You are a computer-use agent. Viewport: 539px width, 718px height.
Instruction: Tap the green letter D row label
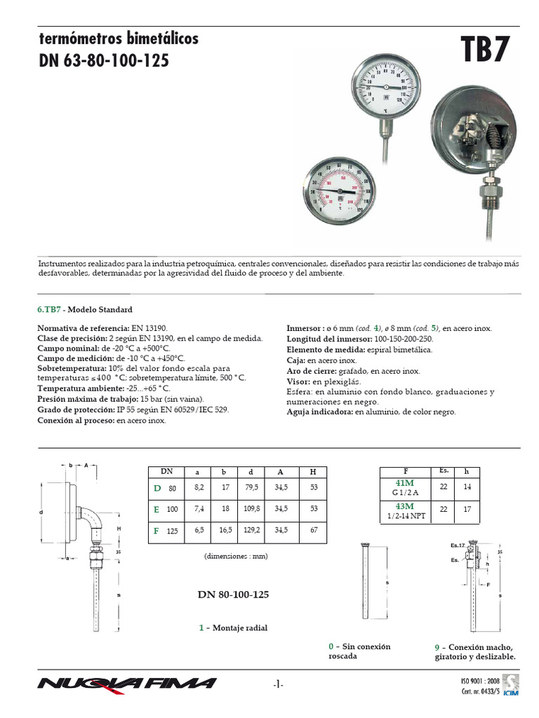tap(157, 487)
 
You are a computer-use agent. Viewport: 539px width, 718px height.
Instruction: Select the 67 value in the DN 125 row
tap(312, 531)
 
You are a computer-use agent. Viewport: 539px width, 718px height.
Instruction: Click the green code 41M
tap(406, 483)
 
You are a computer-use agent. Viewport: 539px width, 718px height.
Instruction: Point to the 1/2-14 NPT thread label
tap(406, 516)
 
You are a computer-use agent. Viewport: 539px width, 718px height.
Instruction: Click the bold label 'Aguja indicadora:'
tap(320, 412)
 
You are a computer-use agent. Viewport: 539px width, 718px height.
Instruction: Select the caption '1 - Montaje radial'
tap(232, 628)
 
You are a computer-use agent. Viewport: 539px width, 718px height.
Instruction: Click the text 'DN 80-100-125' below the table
tap(233, 594)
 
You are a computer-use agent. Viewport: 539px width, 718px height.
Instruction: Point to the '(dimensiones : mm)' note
tap(237, 555)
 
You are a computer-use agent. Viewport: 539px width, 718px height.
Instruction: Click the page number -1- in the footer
tap(278, 684)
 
